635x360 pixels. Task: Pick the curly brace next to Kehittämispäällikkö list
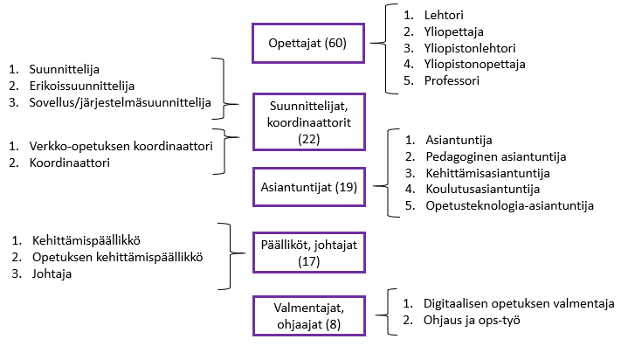[229, 254]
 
